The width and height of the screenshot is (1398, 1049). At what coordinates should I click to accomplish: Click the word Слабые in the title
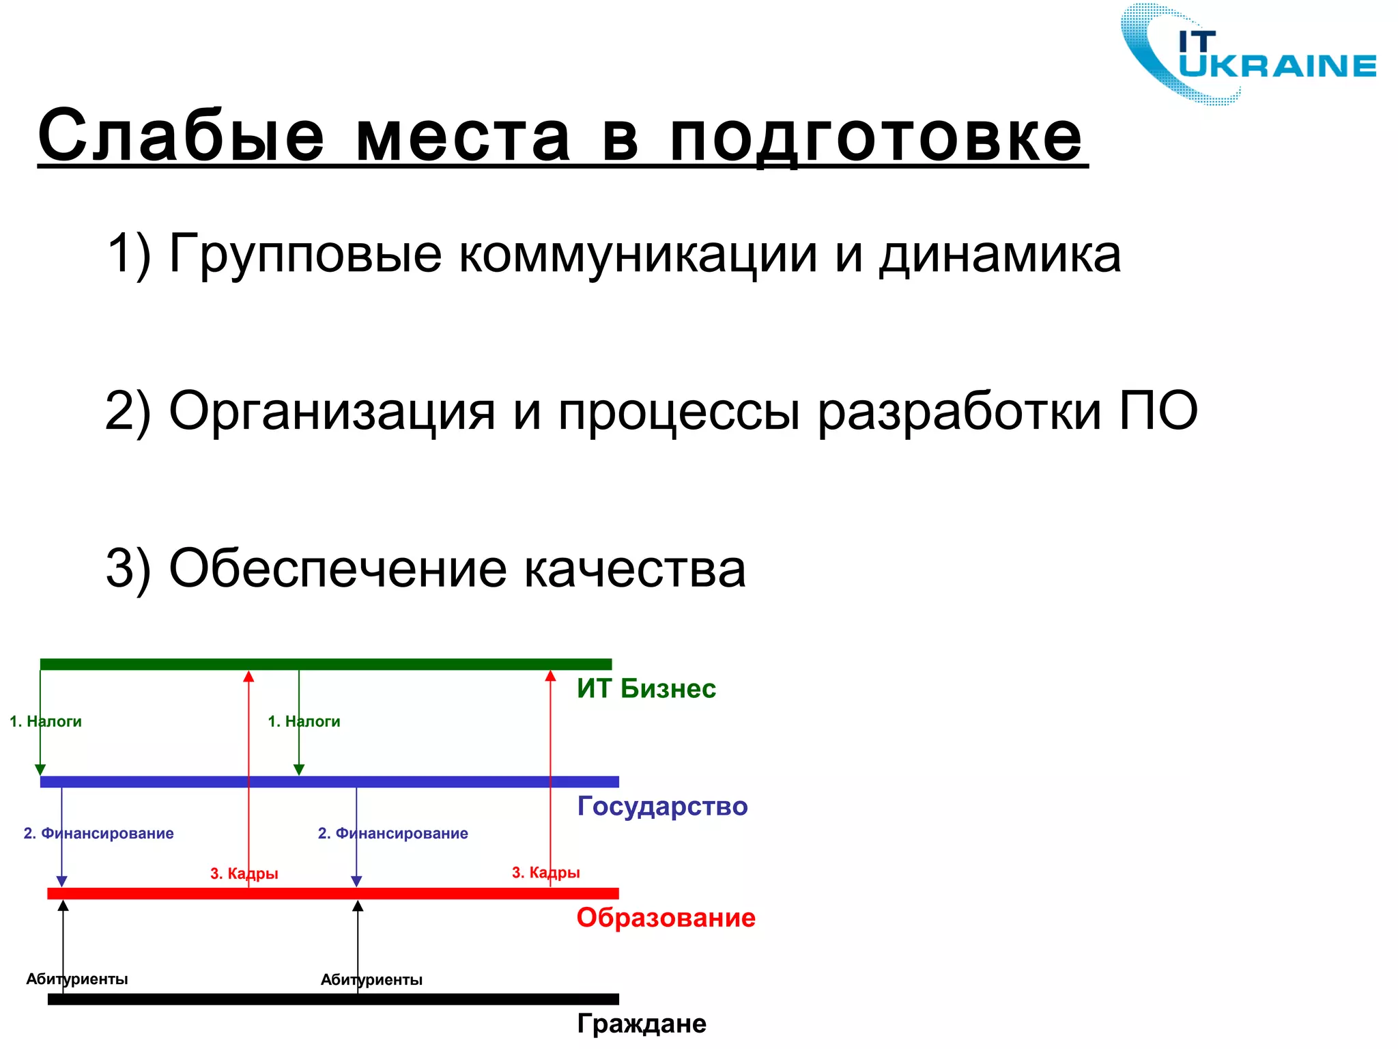tap(181, 137)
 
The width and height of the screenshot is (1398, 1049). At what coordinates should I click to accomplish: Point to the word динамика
tap(999, 254)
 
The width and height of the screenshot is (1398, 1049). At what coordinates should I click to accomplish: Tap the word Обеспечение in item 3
tap(337, 568)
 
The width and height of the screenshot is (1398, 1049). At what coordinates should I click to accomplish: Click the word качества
tap(635, 568)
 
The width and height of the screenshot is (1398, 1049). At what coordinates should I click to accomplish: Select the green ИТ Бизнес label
tap(646, 688)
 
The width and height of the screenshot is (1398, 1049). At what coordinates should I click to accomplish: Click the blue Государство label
tap(662, 806)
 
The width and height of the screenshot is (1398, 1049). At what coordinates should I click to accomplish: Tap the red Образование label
tap(666, 917)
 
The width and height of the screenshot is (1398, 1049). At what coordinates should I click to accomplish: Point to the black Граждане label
tap(642, 1023)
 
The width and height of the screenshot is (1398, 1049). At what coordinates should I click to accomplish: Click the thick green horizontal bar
tap(326, 664)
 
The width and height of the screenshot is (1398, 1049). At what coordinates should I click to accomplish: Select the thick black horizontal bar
tap(333, 998)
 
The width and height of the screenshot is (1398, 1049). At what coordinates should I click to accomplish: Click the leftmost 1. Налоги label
tap(46, 721)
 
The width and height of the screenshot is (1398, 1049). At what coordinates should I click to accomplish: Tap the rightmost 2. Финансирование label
tap(393, 833)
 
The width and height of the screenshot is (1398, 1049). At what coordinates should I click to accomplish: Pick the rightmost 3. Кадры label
tap(545, 872)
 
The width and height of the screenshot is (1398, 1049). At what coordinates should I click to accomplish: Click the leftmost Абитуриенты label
tap(77, 979)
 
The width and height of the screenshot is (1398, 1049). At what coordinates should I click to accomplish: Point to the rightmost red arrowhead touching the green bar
tap(550, 676)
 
